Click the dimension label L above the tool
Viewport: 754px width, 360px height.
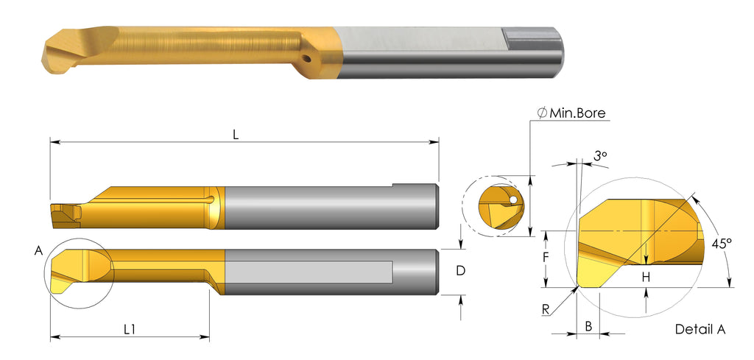tap(236, 135)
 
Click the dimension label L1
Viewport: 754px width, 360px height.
tap(129, 329)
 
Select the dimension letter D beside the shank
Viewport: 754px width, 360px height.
tap(460, 271)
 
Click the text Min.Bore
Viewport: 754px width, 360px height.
tap(577, 113)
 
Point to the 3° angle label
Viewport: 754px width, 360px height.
tap(600, 156)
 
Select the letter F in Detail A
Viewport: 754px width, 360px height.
tap(546, 258)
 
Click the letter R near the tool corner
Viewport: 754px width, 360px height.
tap(546, 309)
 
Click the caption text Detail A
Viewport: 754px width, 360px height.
tap(700, 329)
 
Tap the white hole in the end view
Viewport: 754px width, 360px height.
tap(512, 200)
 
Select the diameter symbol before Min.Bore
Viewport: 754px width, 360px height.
tap(541, 113)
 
